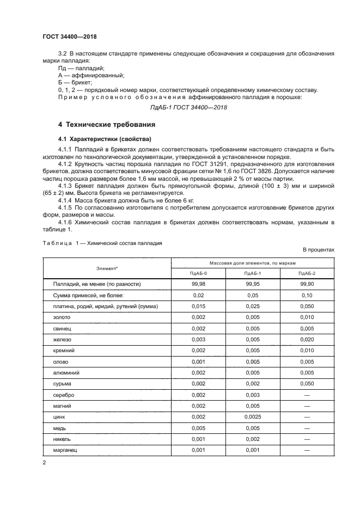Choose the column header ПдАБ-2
pyautogui.click(x=307, y=273)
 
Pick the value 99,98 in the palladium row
pyautogui.click(x=198, y=284)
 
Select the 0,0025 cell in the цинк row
pyautogui.click(x=252, y=417)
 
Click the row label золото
pyautogui.click(x=62, y=317)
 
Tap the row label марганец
pyautogui.click(x=65, y=450)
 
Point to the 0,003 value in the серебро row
pyautogui.click(x=252, y=395)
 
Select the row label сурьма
pyautogui.click(x=62, y=384)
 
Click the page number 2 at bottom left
pyautogui.click(x=44, y=463)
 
